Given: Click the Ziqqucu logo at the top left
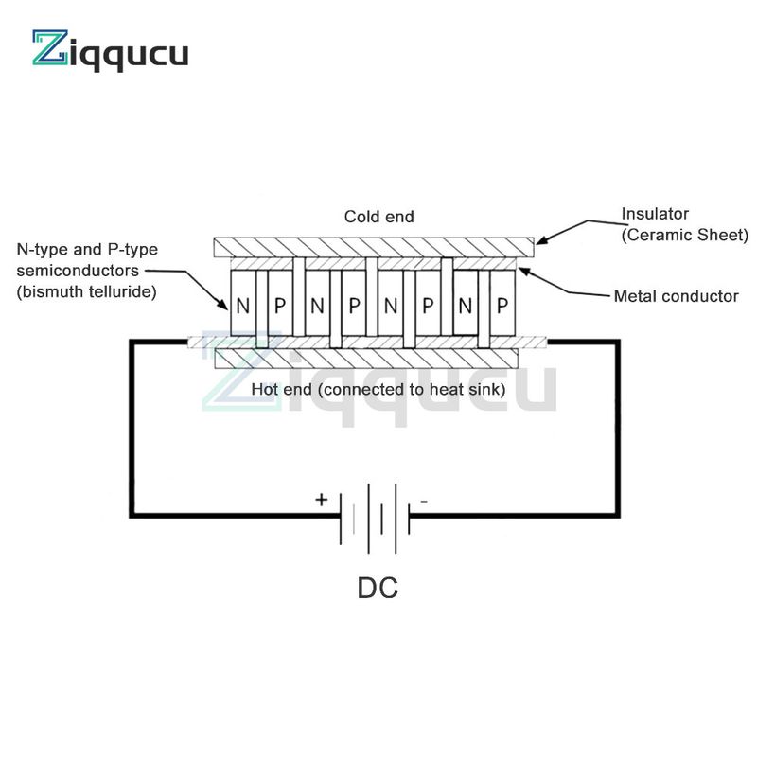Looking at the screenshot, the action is point(110,50).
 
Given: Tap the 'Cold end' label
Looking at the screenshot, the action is point(379,217).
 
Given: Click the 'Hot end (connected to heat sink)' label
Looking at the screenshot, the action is point(378,389).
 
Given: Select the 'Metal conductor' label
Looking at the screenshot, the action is point(676,296).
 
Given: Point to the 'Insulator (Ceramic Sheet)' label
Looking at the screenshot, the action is point(684,224).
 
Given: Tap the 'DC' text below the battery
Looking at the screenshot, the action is point(378,588).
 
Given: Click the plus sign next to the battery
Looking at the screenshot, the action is point(321,500).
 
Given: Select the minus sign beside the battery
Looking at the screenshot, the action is point(423,502).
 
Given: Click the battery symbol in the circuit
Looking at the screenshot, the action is point(375,518).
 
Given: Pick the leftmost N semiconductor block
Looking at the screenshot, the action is point(243,303).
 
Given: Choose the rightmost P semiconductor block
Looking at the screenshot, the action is point(502,303).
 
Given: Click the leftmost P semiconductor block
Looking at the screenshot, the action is point(280,303).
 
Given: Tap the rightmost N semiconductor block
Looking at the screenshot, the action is point(466,303).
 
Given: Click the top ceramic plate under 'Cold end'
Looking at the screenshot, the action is point(374,247).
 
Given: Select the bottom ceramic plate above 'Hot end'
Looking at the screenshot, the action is point(366,359).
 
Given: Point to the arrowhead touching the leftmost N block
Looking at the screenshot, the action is point(223,305).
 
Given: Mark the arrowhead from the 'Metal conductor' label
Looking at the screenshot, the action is point(525,272).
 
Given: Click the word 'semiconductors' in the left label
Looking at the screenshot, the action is point(78,271).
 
